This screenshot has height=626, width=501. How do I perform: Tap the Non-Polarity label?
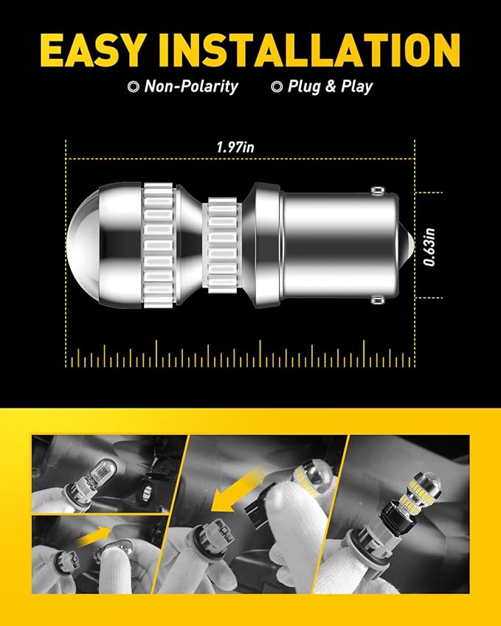(191, 86)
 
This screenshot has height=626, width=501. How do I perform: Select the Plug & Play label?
(330, 86)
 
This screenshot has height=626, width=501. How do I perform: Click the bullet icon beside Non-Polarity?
(133, 86)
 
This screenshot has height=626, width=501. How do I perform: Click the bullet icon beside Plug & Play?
(277, 86)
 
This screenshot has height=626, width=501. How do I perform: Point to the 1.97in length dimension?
(235, 147)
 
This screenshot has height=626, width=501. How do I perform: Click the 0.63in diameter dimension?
(429, 247)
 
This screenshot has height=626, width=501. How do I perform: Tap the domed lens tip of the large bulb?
(83, 245)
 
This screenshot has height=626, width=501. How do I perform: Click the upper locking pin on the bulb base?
(377, 191)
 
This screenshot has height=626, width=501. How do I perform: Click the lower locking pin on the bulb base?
(377, 299)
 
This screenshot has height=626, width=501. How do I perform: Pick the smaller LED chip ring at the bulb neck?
(222, 245)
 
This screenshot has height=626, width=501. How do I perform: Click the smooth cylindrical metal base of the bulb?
(340, 245)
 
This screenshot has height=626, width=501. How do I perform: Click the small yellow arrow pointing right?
(94, 537)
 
